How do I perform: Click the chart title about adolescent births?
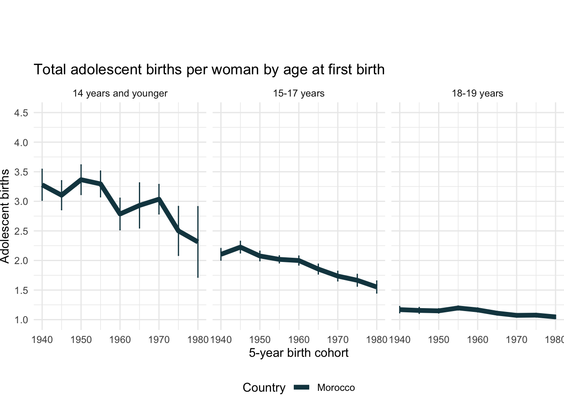coord(209,69)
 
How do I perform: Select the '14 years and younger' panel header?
coord(120,93)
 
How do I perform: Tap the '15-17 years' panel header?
coord(299,93)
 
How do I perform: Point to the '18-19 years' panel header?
coord(478,93)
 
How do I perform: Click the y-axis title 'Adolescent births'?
coord(5,216)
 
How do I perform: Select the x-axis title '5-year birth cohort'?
coord(299,353)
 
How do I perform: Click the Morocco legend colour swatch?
coord(301,387)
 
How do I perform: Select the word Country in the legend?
coord(264,387)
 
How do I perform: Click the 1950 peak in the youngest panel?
coord(81,180)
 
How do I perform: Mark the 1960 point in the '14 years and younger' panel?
coord(120,214)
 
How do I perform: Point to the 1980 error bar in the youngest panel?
coord(198,260)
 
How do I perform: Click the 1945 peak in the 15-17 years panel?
coord(240,247)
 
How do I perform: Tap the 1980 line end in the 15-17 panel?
coord(376,287)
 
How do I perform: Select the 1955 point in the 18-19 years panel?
coord(458,308)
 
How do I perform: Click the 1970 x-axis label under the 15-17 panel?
coord(338,339)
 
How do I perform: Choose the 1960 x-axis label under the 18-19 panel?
coord(478,339)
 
